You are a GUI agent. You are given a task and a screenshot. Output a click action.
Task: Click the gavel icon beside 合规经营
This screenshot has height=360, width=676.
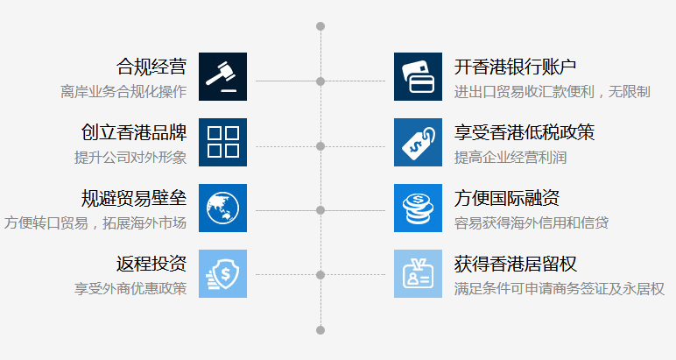click(x=222, y=77)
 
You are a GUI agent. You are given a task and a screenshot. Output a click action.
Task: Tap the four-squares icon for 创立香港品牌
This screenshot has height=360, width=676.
click(x=222, y=143)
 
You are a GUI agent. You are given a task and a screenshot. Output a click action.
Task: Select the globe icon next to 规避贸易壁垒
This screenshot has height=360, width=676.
click(x=222, y=208)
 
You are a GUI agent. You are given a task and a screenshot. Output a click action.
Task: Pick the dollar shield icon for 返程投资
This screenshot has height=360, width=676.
click(x=222, y=273)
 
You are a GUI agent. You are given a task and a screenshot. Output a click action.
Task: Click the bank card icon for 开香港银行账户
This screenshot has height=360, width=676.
click(x=418, y=77)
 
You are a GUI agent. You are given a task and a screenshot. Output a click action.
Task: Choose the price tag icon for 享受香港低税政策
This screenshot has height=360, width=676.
click(x=418, y=143)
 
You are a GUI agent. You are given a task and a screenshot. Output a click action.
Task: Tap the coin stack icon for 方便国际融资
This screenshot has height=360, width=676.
click(x=418, y=208)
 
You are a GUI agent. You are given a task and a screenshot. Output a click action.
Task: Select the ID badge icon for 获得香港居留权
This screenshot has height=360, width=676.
click(x=418, y=273)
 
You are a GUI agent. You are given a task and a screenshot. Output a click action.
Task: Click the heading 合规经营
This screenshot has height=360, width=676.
click(x=151, y=67)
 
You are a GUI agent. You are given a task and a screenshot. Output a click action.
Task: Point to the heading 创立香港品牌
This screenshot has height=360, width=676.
click(x=134, y=133)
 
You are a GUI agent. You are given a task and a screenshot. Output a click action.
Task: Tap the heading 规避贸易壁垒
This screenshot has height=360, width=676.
click(x=134, y=198)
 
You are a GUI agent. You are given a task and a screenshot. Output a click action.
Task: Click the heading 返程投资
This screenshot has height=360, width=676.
click(x=151, y=264)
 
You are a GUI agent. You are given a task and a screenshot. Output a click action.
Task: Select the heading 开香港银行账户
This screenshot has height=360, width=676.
click(x=516, y=67)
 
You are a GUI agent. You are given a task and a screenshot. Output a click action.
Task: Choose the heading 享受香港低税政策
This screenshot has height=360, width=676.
click(x=525, y=133)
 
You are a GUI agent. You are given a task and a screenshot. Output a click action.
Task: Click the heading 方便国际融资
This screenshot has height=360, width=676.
click(x=507, y=198)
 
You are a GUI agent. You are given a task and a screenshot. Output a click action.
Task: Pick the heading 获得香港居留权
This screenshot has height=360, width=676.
click(x=516, y=264)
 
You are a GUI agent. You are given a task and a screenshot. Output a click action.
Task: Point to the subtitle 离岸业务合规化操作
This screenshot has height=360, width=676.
click(x=123, y=92)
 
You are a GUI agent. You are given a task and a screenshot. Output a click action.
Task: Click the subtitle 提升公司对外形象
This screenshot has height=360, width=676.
click(x=130, y=158)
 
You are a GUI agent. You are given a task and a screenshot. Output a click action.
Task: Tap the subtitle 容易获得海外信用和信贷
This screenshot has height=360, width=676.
click(x=532, y=222)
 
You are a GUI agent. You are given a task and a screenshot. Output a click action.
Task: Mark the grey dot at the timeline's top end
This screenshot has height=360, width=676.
click(x=320, y=26)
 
